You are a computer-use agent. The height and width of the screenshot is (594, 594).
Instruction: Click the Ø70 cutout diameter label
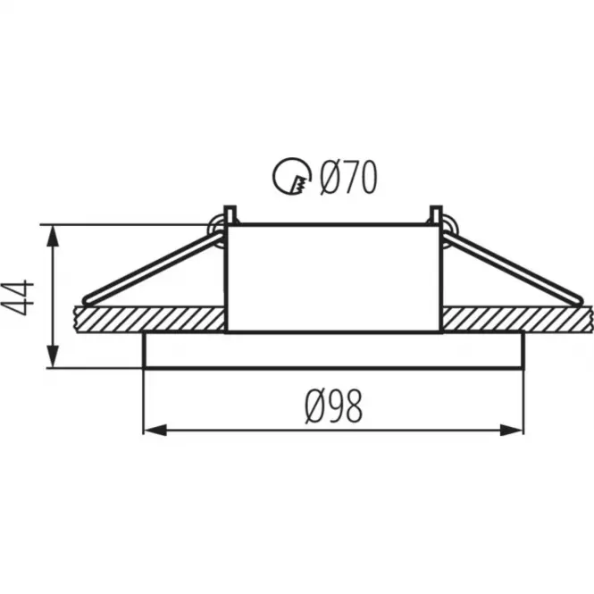pos(348,177)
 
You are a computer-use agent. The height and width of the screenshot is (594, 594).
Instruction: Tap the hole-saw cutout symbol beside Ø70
pos(292,176)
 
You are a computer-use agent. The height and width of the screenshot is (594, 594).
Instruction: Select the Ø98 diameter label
pos(334,406)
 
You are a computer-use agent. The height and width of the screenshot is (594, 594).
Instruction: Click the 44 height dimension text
pos(18,297)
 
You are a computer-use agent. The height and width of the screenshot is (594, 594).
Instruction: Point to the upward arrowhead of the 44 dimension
pos(53,237)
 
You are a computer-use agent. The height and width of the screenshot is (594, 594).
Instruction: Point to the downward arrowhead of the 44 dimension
pos(53,356)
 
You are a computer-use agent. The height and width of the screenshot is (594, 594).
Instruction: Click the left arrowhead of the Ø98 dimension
pos(155,431)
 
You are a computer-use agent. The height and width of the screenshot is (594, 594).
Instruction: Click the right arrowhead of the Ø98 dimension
pos(512,431)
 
